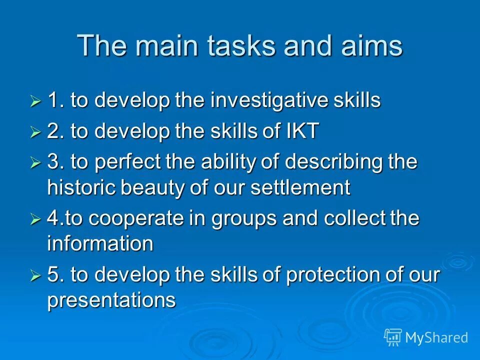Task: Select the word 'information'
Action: click(100, 243)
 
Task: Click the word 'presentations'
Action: click(111, 300)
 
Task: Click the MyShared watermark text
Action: click(436, 337)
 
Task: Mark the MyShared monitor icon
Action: click(392, 337)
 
